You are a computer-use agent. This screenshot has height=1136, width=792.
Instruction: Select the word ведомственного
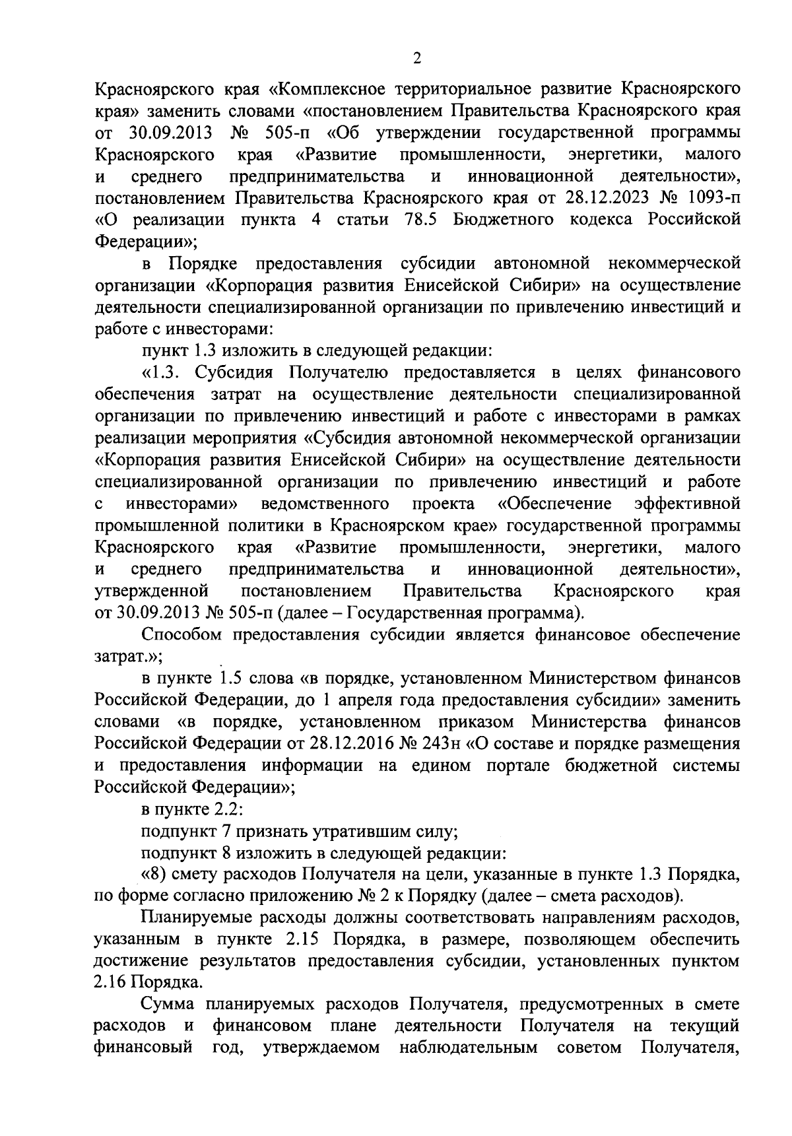pyautogui.click(x=324, y=504)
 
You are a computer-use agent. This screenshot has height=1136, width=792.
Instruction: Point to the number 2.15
pyautogui.click(x=306, y=939)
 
